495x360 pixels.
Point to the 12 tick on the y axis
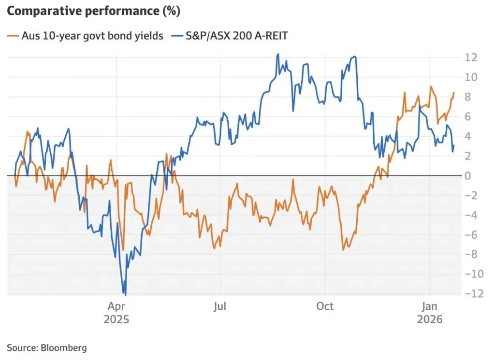471,58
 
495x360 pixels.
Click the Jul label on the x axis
220,306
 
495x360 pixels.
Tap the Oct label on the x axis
325,306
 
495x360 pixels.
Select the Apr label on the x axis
116,306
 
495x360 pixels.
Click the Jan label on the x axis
430,306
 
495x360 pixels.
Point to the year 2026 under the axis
430,319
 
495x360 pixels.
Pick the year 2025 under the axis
116,319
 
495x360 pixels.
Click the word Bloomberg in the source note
64,347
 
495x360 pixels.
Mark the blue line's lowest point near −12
125,294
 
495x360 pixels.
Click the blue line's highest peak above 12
278,54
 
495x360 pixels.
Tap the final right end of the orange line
453,93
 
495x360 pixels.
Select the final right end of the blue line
453,145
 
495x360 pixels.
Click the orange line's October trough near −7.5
343,249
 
